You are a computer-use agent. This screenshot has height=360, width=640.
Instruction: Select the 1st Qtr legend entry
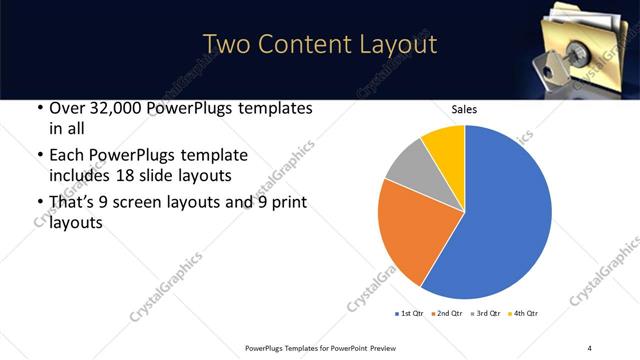pos(410,314)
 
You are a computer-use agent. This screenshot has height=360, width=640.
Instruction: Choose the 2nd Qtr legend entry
pos(447,314)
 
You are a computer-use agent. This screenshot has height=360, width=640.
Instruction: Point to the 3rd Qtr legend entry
pos(485,314)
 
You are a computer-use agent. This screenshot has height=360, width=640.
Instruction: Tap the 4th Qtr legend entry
pos(522,314)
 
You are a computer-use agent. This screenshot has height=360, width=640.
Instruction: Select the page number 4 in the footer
pos(589,348)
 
